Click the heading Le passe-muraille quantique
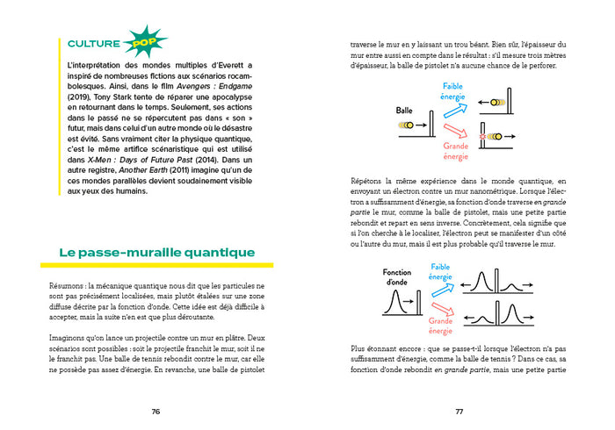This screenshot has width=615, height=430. click(157, 253)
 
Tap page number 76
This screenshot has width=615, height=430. click(156, 410)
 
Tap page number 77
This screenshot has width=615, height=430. click(459, 410)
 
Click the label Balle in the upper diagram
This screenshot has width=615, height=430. click(404, 111)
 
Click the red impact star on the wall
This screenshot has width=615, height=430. click(484, 137)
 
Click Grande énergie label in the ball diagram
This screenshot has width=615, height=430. click(454, 151)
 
